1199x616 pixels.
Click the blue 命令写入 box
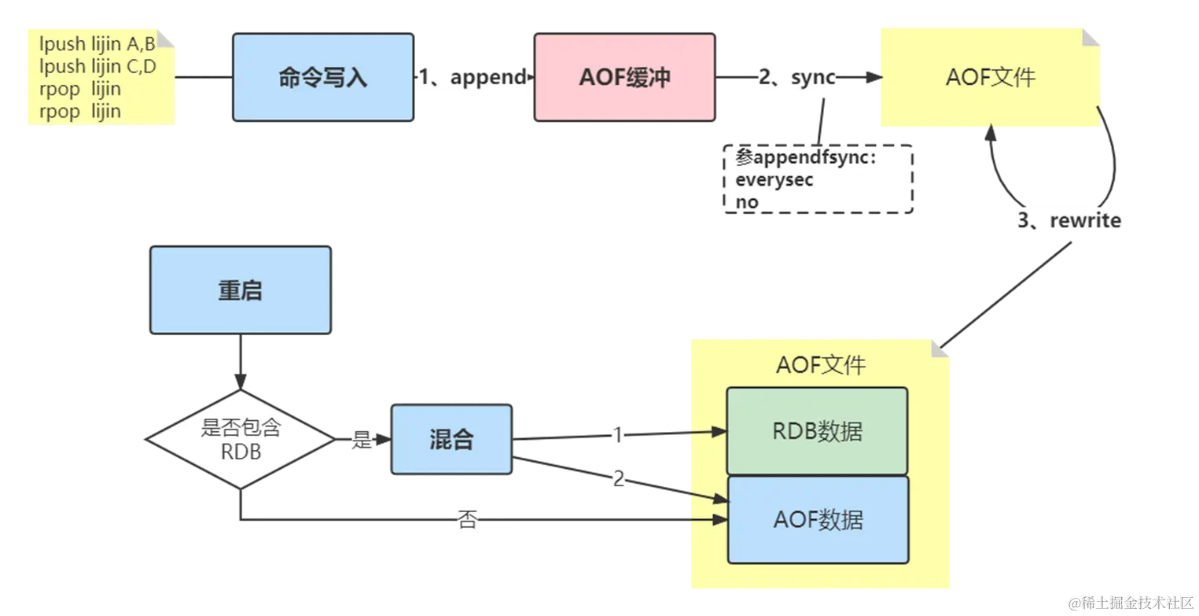coord(323,78)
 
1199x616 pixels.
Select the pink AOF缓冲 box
coord(624,78)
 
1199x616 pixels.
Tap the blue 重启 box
coord(240,290)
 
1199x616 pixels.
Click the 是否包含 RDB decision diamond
coord(241,440)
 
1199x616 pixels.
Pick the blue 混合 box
coord(451,439)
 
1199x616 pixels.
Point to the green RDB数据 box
coord(817,431)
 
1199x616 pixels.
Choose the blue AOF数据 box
coord(818,519)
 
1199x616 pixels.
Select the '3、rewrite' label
coord(1069,220)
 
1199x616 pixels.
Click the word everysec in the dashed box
coord(774,179)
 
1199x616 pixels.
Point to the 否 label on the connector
coord(467,520)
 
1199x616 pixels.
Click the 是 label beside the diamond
coord(362,440)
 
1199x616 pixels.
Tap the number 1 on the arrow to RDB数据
coord(617,434)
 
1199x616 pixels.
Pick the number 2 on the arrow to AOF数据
coord(619,478)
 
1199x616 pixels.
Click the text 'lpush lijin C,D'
coord(97,66)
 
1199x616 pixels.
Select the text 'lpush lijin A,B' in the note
coord(97,44)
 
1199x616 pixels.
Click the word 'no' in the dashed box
coord(747,202)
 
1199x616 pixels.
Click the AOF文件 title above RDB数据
coord(820,365)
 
